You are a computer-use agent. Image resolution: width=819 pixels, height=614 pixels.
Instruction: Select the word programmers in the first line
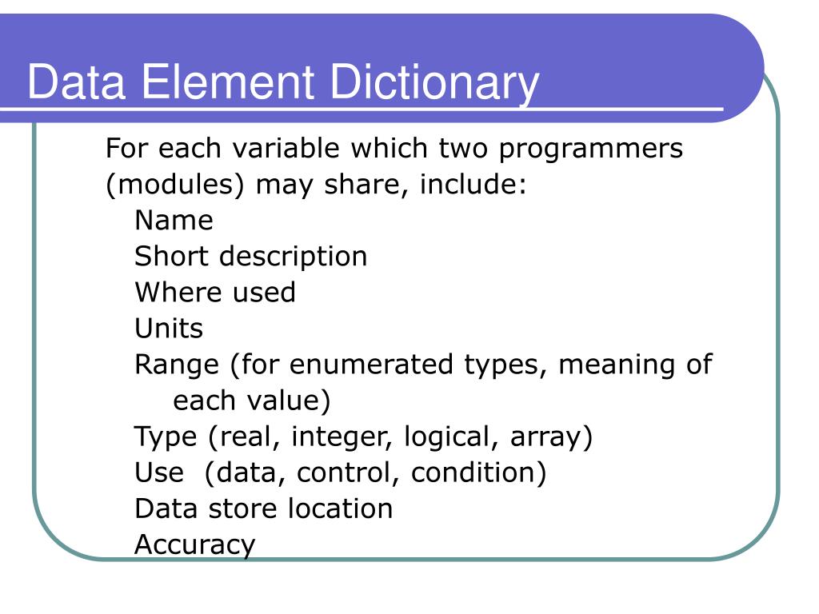point(593,148)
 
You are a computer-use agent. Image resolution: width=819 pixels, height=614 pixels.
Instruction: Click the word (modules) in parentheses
point(175,185)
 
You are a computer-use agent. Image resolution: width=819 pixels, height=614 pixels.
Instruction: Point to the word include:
point(473,185)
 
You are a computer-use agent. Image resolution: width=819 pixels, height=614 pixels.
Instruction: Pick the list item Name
point(174,221)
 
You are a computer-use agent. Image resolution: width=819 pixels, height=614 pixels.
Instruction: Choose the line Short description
point(250,257)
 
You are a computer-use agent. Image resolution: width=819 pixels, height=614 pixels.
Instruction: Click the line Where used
point(214,293)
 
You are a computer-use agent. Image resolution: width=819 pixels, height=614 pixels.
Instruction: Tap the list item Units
point(169,329)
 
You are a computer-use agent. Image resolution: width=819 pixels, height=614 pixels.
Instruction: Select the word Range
point(177,365)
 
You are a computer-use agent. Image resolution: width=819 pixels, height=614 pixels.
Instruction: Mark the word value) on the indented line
point(290,401)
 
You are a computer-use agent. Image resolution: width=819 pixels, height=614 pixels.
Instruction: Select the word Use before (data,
point(158,472)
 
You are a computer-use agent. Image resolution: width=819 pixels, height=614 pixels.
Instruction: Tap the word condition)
point(478,472)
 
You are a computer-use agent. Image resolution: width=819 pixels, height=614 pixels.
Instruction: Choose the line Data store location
point(263,508)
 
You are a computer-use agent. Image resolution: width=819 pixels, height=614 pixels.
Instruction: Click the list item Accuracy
point(194,545)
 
